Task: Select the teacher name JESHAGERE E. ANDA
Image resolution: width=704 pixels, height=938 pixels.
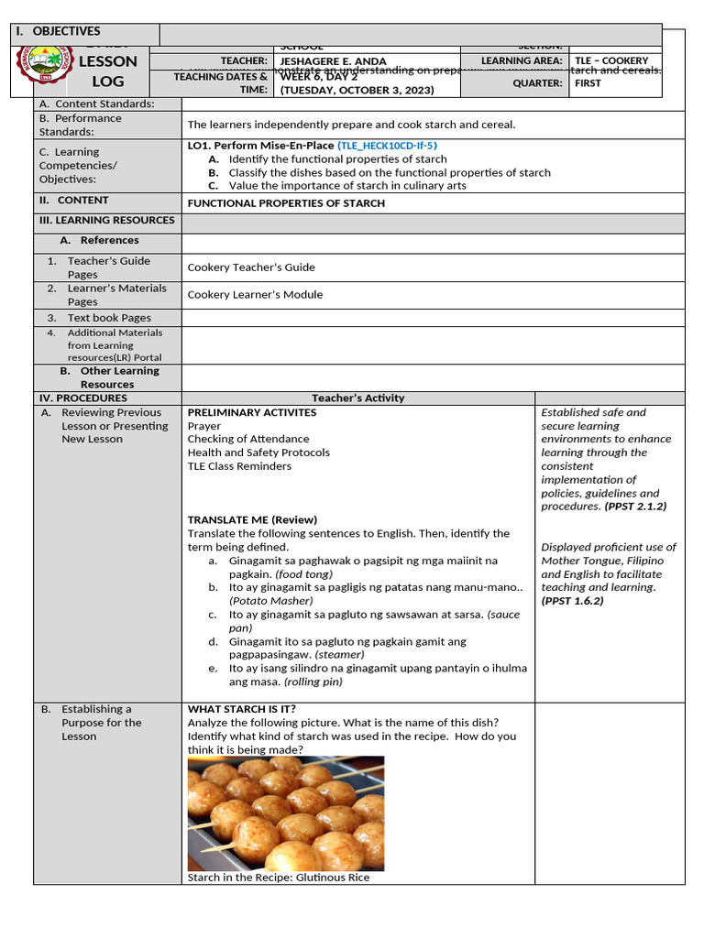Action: tap(333, 61)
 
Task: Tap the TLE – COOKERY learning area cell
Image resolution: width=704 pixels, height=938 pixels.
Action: tap(611, 60)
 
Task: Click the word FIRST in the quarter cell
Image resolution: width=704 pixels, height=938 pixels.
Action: tap(588, 83)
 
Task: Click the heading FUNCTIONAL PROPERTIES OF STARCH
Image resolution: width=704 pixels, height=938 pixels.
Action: tap(286, 203)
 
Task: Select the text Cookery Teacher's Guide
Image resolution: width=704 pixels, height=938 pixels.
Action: tap(251, 267)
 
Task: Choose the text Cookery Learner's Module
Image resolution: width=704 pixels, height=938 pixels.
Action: tap(255, 295)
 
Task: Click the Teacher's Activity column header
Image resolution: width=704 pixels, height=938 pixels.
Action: tap(357, 398)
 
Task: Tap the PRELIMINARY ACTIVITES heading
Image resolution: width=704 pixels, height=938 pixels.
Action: tap(252, 413)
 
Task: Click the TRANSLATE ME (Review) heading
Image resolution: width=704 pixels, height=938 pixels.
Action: tap(252, 519)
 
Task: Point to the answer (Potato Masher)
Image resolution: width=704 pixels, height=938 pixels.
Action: tap(271, 601)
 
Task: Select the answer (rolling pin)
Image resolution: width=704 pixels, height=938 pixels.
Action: tap(313, 682)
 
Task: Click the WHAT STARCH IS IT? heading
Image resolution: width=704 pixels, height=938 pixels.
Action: tap(242, 709)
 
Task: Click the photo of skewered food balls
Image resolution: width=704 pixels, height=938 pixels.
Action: tap(286, 813)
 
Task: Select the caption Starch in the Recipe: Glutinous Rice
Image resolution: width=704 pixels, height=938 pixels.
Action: tap(279, 878)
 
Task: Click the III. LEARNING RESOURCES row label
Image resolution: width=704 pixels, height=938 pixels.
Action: tap(106, 221)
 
